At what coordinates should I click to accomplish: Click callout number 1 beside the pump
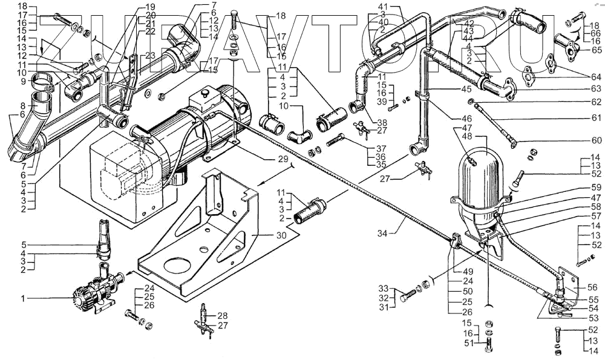pos(23,298)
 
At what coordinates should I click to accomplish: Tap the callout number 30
pos(282,235)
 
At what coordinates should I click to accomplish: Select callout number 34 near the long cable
pos(382,233)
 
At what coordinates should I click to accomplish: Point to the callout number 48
pos(466,136)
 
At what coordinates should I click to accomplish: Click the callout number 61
pos(596,118)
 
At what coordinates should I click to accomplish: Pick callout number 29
pos(283,159)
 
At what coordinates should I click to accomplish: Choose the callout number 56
pos(593,287)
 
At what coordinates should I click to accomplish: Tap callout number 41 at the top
pos(383,7)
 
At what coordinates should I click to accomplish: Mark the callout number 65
pos(597,50)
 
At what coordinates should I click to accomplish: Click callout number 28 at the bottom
pos(223,316)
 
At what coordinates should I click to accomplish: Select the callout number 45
pos(466,89)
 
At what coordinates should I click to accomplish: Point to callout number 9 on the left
pos(23,82)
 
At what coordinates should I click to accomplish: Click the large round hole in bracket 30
pos(177,267)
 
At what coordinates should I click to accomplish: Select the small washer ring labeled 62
pos(470,102)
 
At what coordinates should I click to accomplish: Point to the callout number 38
pos(382,123)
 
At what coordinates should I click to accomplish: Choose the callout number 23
pos(150,56)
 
